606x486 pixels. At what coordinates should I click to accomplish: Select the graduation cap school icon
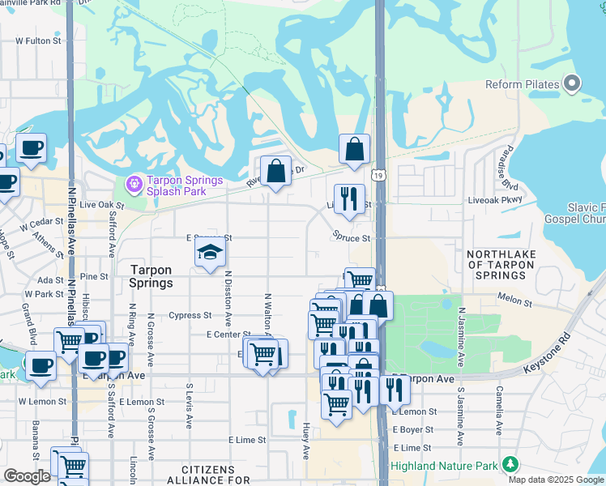210,253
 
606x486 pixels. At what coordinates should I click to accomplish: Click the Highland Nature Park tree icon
510,464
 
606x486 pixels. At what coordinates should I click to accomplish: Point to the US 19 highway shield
378,175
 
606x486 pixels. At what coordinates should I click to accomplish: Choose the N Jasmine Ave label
461,330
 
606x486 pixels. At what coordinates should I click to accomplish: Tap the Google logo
27,475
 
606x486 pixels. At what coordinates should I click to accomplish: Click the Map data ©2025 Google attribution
556,480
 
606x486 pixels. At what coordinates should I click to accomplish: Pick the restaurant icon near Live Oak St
349,198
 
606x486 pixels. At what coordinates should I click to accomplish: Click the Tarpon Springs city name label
151,276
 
